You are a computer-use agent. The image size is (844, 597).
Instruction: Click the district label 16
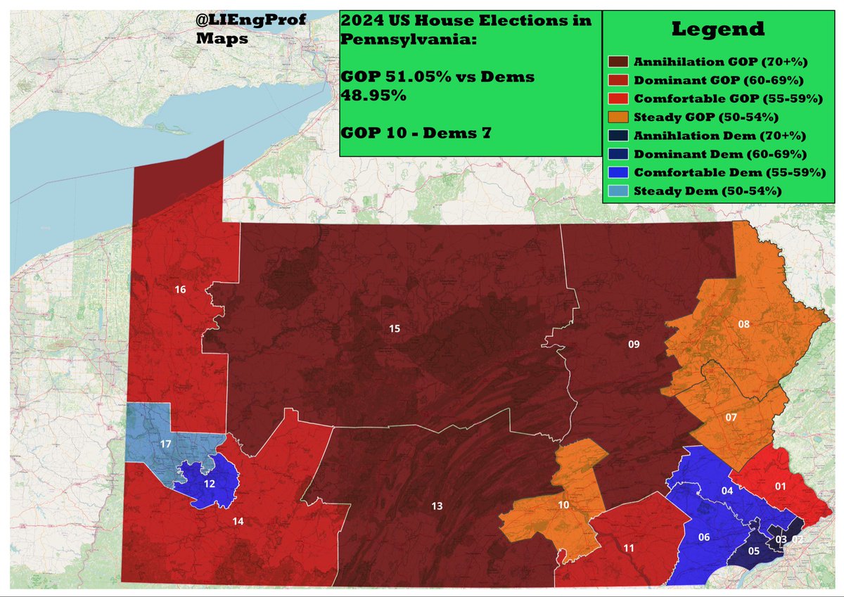[x=179, y=289]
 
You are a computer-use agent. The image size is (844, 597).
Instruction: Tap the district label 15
[x=395, y=328]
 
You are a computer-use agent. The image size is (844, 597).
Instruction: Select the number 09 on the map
[x=634, y=344]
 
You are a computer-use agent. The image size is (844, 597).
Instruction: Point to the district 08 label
[x=743, y=323]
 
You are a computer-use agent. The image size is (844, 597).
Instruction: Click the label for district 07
[x=731, y=418]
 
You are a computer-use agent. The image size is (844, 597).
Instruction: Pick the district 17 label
[x=166, y=444]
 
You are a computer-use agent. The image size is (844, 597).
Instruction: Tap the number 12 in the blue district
[x=210, y=484]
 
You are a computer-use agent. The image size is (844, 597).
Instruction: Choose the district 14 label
[x=238, y=521]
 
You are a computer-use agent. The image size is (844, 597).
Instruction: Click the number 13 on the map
[x=437, y=506]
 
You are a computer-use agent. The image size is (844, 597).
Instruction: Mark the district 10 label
[x=563, y=505]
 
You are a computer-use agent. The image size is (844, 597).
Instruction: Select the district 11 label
[x=629, y=548]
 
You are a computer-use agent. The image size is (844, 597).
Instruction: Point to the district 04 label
[x=727, y=491]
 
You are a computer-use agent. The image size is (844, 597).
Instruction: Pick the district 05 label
[x=753, y=551]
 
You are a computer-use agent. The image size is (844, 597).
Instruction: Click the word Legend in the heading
[x=717, y=30]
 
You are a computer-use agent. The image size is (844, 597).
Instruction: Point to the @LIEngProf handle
[x=251, y=22]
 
